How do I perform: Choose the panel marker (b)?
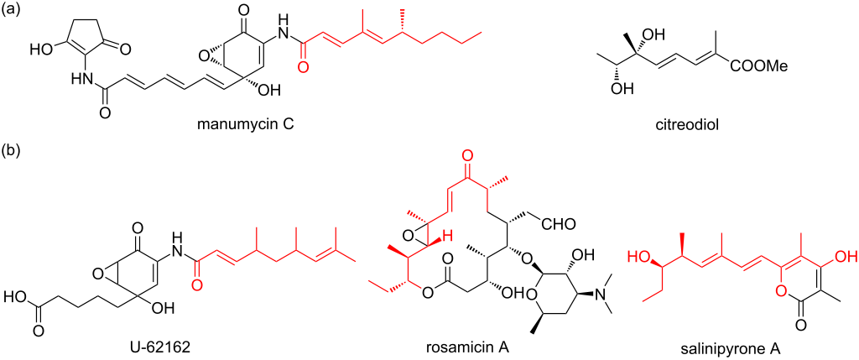coord(16,154)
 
